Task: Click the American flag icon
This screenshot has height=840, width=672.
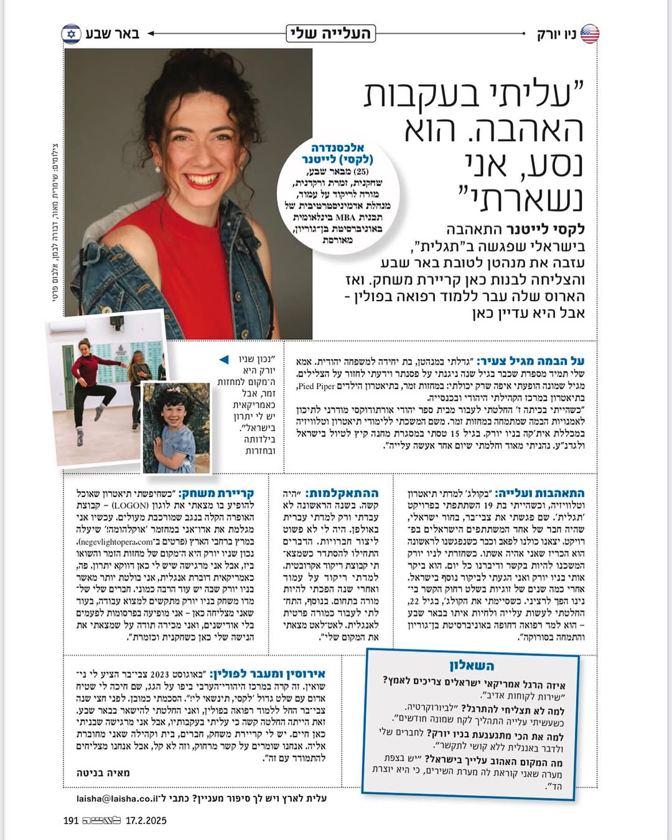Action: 590,34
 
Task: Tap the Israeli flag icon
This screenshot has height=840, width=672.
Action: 71,34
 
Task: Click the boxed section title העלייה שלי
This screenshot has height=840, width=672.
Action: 330,33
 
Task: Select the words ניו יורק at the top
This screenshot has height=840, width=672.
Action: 556,34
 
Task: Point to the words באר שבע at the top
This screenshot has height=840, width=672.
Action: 113,34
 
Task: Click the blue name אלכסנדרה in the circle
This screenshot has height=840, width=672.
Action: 337,147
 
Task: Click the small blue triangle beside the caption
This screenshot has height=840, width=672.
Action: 224,360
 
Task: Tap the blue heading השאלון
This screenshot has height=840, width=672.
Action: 472,665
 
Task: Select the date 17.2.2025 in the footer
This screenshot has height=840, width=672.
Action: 146,821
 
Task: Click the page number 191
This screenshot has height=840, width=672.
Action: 71,821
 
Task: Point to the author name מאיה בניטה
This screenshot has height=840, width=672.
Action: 103,773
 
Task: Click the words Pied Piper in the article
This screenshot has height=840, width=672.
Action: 316,386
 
